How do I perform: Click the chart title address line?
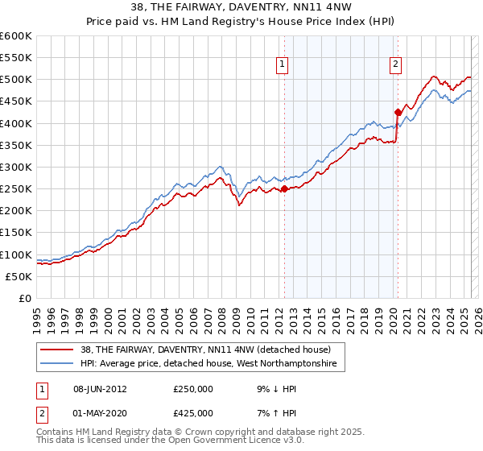[241, 6]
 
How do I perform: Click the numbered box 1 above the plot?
[284, 66]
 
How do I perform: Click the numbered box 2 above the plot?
[397, 66]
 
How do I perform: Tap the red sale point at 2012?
[284, 189]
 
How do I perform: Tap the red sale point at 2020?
[397, 113]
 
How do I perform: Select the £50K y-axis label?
[19, 276]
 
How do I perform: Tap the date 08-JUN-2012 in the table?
[100, 388]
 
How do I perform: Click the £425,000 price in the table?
[193, 412]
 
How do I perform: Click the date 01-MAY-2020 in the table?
[100, 412]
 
